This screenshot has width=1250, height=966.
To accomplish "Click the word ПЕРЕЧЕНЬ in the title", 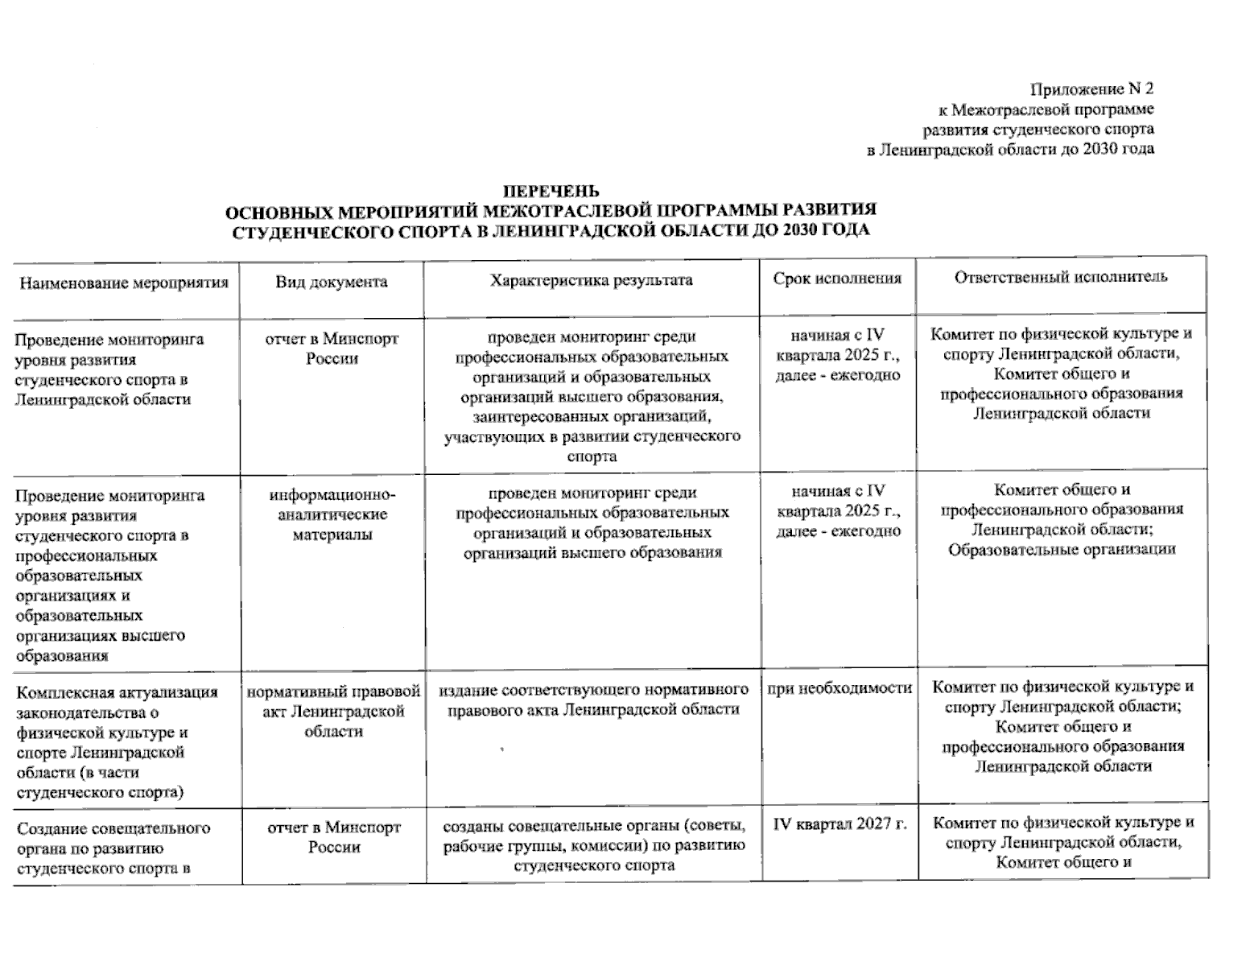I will (x=551, y=191).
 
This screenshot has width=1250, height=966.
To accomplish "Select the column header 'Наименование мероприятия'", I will (x=124, y=283).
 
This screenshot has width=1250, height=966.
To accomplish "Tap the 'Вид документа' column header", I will (x=332, y=282).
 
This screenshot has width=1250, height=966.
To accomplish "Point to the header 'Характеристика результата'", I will (x=592, y=280).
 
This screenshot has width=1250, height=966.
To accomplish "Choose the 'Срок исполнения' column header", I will (x=837, y=279).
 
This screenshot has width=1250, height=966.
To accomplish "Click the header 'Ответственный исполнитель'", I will (x=1061, y=277).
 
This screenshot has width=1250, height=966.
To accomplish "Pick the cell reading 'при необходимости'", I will (x=840, y=688).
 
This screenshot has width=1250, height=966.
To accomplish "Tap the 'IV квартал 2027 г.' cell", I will (x=840, y=824).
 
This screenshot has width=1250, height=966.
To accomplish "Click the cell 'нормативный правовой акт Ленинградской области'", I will (x=333, y=711).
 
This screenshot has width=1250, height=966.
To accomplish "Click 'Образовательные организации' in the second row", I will (x=1062, y=549).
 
